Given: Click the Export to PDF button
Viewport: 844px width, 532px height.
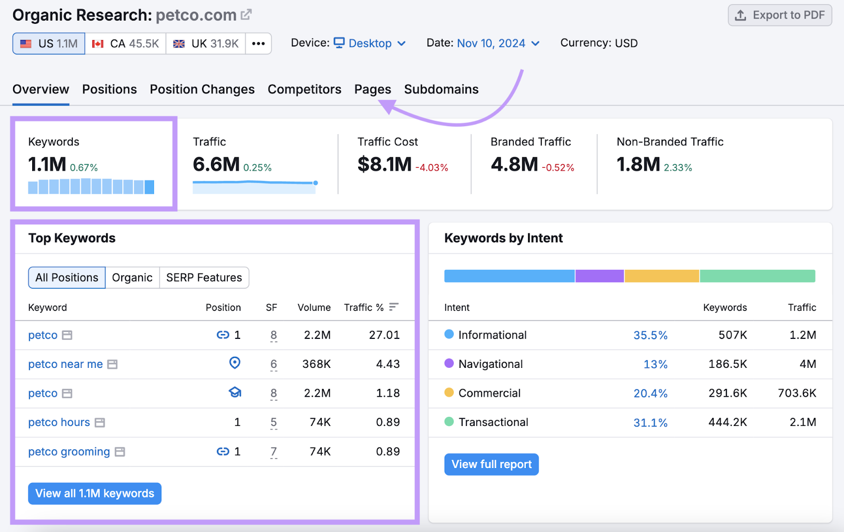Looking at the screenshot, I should pos(780,15).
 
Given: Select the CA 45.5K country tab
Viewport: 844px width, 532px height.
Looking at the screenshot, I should pos(126,44).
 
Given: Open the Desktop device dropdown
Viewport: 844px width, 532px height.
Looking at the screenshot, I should pos(370,43).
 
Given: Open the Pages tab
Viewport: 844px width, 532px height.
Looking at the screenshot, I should pos(372,89).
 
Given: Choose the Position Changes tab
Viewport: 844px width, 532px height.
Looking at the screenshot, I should pos(202,89).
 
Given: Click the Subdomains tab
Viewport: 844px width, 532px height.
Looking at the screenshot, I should pos(441,89).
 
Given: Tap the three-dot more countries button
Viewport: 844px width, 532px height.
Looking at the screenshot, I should pos(258,44).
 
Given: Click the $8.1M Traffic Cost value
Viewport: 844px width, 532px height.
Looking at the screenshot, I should pos(385,165).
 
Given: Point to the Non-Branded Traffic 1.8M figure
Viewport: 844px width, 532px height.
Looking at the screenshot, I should pos(638,165).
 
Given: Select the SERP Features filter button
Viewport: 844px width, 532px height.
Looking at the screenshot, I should pos(204,278).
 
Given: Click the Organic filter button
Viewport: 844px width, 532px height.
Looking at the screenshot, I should pos(132,278).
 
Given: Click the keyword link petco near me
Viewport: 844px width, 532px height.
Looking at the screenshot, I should pos(65,364).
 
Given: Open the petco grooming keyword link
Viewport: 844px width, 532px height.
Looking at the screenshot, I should pos(69,452).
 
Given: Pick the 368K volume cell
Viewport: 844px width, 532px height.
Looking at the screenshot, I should pos(316,364).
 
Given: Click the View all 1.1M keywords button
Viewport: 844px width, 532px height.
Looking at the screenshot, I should pos(94,493).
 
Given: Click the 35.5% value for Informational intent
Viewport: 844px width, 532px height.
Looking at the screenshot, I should pos(650,335).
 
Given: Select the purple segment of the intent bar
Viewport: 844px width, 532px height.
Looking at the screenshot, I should pos(599,276).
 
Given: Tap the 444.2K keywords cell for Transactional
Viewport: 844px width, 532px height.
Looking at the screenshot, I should pos(727,422).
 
